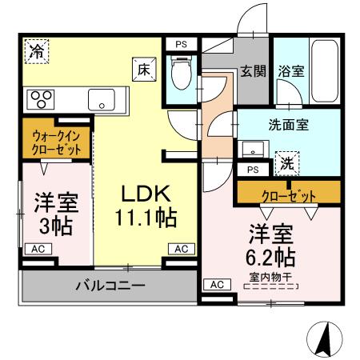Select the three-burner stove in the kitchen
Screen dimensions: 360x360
pos(41,99)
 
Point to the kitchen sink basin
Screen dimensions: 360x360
pos(102,100)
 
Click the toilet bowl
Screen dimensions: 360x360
pos(182,75)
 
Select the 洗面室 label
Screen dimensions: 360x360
pos(288,125)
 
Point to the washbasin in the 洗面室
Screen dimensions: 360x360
pos(254,151)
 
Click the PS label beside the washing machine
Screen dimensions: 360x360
pos(253,170)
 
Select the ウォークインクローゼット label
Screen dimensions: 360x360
pos(55,142)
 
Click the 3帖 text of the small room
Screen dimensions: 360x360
pos(56,226)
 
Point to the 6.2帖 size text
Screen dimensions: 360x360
pos(271,257)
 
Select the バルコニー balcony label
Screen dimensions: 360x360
pos(111,285)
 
